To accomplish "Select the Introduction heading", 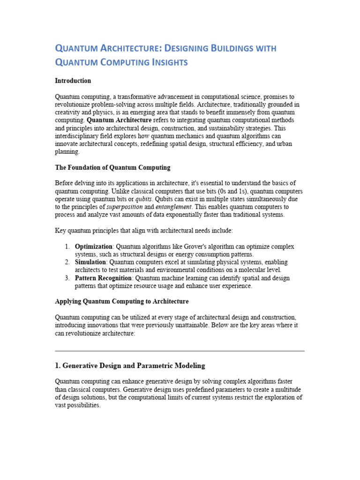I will click(73, 81).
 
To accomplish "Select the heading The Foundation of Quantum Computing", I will click(113, 167).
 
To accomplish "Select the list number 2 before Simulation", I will click(67, 262).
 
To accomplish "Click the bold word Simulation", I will click(90, 262).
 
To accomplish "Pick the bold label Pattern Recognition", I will click(103, 278).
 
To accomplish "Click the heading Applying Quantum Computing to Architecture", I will click(122, 301).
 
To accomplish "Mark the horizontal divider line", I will click(180, 351).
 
